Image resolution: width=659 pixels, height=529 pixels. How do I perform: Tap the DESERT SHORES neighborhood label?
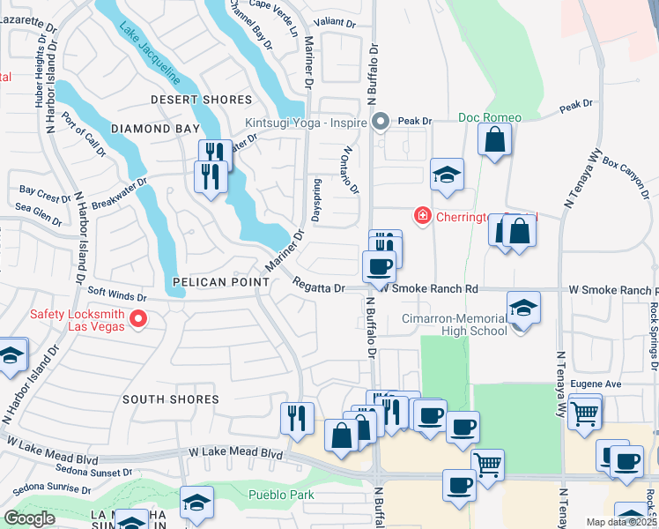pos(201,100)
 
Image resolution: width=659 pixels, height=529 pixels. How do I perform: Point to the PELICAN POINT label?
pos(221,281)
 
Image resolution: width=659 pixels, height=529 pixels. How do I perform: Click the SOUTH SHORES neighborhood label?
pos(171,399)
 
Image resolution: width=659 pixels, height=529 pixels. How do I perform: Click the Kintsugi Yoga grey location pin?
pos(381,121)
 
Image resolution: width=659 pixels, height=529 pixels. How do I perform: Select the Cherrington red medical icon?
pos(423,215)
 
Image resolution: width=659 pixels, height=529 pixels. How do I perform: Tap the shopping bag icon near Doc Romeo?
pos(495,138)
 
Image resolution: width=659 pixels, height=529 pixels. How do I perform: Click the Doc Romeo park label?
pos(490,117)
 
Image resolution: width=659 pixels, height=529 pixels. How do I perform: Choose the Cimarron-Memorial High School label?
pos(455,324)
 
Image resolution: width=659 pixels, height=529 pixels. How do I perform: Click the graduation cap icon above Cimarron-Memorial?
pos(524,307)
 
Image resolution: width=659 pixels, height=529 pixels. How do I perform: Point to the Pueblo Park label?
pos(281,495)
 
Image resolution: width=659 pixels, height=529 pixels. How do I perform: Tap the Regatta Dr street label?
pos(318,287)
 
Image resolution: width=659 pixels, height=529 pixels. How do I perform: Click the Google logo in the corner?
pos(29,518)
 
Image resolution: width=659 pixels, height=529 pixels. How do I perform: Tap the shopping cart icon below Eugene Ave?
pos(584,412)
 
